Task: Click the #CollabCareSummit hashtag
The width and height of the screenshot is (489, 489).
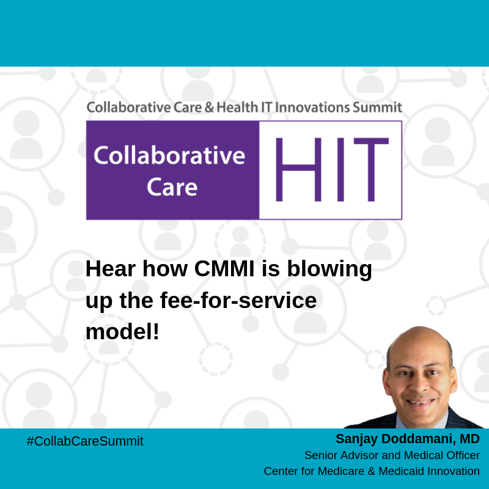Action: click(85, 441)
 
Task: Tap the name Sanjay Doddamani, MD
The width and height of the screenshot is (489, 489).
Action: click(407, 439)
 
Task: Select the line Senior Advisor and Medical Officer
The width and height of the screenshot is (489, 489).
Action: click(392, 455)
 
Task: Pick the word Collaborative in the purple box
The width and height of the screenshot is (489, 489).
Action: click(169, 155)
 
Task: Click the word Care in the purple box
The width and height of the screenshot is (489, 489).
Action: click(172, 186)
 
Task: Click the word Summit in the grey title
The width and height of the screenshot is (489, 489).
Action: click(378, 108)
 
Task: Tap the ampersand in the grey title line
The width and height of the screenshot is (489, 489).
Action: click(207, 108)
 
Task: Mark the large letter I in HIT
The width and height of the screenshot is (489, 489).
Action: click(337, 170)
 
